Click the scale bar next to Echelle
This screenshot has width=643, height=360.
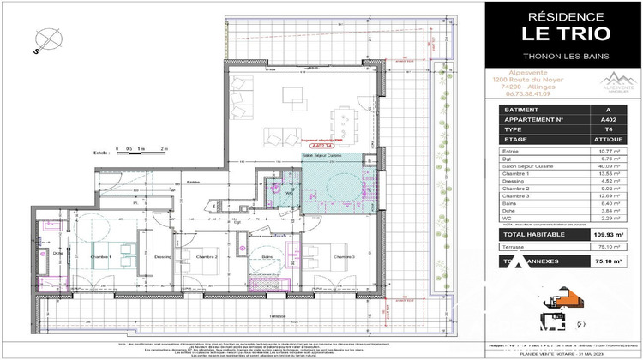click(x=137, y=153)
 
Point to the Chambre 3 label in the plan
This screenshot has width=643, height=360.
click(x=344, y=256)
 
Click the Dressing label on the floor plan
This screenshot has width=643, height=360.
click(x=164, y=256)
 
